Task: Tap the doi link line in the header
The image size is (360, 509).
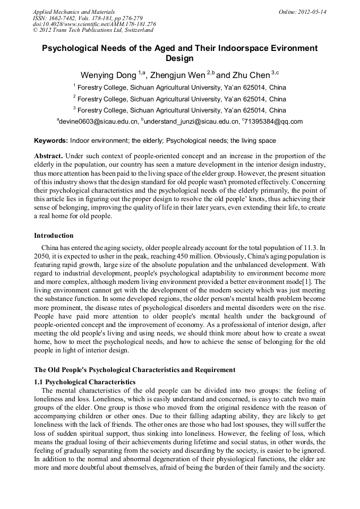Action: coord(95,24)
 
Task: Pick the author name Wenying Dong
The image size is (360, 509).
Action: coord(108,75)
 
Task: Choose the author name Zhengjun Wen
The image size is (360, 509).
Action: coord(177,75)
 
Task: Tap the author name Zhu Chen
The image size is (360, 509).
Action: coord(251,75)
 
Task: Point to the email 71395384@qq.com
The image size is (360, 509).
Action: coord(273,122)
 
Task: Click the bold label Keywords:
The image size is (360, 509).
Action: coord(51,141)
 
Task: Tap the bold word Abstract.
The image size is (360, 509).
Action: coord(48,156)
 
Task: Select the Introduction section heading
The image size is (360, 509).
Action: coord(54,235)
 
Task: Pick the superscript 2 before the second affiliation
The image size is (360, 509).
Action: coord(74,97)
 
